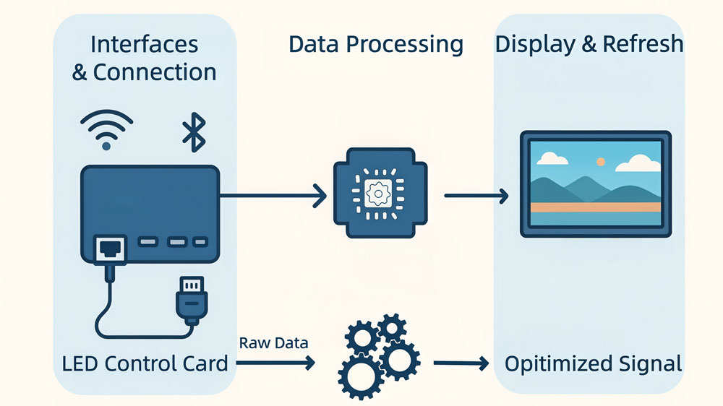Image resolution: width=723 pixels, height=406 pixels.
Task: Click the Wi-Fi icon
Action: tap(106, 130)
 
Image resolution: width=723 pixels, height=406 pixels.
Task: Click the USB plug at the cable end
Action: tap(191, 299)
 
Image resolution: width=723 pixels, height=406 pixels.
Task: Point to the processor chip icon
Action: tap(375, 194)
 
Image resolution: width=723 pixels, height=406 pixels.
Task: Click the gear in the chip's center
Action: tap(375, 194)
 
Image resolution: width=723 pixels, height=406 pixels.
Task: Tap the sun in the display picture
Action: tap(599, 162)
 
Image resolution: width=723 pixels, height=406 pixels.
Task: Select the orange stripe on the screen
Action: tap(595, 207)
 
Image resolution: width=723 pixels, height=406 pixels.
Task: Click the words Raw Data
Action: tap(273, 342)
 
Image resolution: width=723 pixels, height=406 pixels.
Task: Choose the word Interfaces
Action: tap(144, 44)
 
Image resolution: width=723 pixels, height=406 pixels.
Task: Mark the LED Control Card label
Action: tap(145, 363)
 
